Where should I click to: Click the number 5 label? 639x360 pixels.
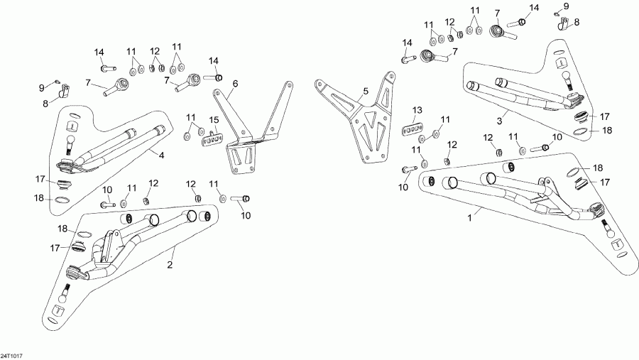click(x=366, y=91)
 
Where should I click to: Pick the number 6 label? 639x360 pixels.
click(x=235, y=84)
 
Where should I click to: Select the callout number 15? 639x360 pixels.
click(x=212, y=119)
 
